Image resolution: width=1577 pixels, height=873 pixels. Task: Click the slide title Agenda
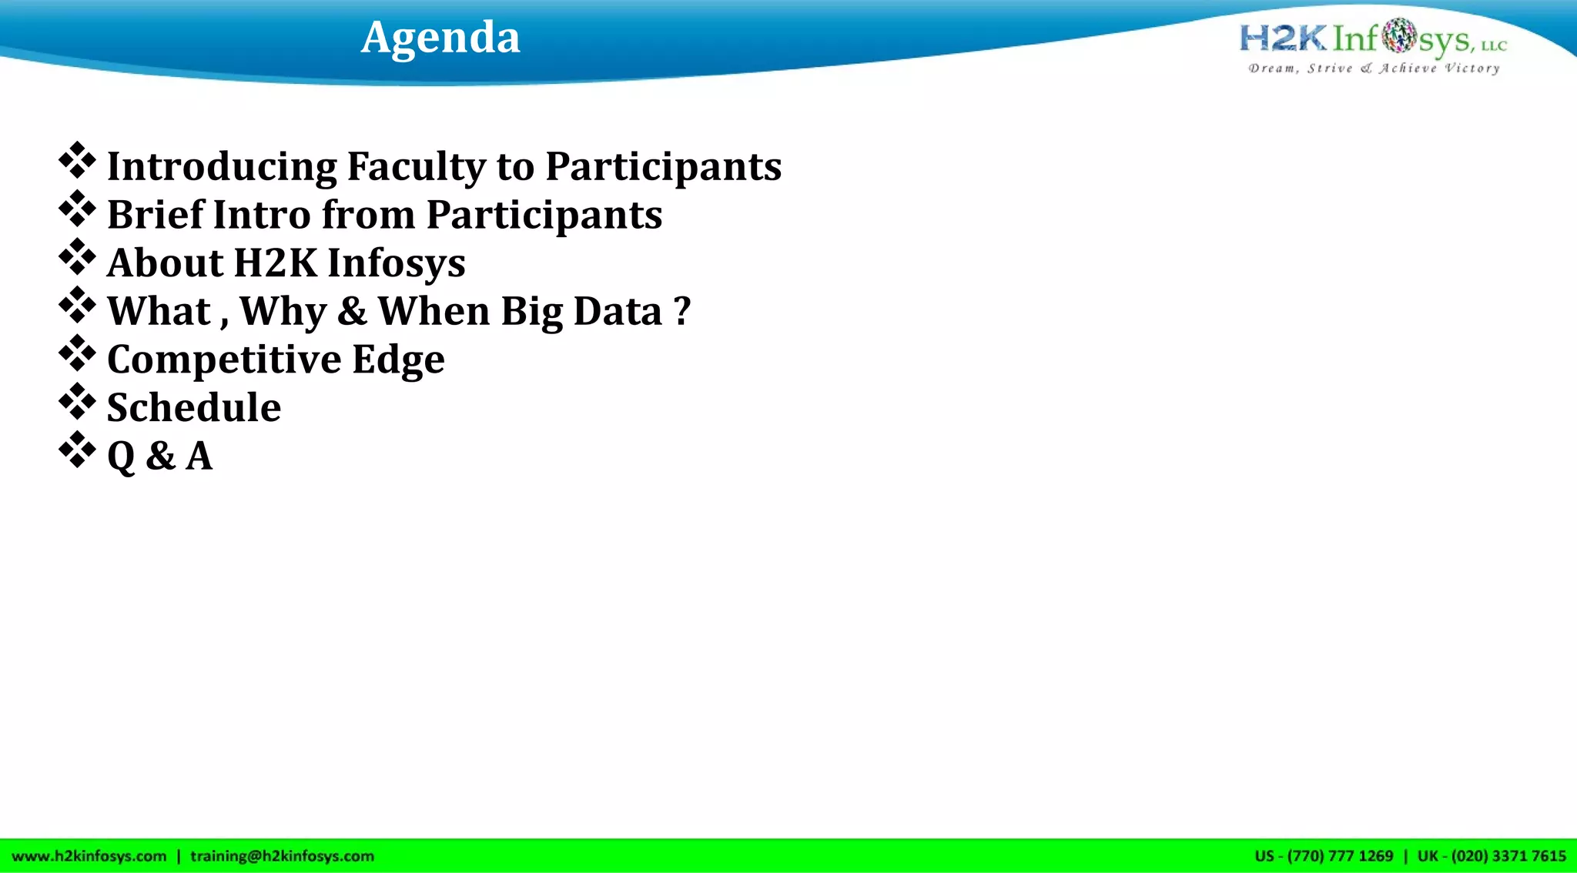tap(440, 37)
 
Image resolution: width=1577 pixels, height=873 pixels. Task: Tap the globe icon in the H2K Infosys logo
tap(1398, 36)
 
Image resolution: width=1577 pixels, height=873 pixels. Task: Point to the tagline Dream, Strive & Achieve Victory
tap(1374, 69)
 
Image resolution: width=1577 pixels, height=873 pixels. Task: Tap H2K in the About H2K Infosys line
tap(275, 263)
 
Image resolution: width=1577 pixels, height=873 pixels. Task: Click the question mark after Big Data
tap(681, 311)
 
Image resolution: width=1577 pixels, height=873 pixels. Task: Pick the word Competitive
tap(223, 360)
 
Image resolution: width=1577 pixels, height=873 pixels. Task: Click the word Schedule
tap(194, 407)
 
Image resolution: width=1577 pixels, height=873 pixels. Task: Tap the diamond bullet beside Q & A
tap(77, 450)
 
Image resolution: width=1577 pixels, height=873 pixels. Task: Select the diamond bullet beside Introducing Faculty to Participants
tap(77, 161)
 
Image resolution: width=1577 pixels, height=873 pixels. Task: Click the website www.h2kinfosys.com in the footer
tap(89, 856)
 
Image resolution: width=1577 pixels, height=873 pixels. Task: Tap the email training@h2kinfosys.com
tap(282, 856)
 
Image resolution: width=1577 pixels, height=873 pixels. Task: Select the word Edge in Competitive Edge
tap(398, 360)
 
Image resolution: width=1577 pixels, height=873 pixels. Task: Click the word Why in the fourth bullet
tap(283, 312)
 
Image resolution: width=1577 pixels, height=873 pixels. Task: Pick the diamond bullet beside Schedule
tap(77, 402)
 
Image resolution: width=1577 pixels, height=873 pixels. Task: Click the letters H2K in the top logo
tap(1283, 38)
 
